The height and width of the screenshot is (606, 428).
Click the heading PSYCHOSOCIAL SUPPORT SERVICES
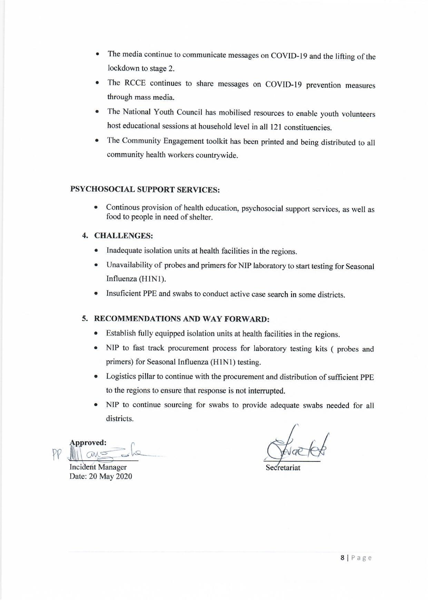(x=145, y=190)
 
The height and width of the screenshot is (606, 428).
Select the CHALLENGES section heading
(x=124, y=236)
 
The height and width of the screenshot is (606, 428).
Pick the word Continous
(x=123, y=208)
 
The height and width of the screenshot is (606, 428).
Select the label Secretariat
(x=283, y=468)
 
